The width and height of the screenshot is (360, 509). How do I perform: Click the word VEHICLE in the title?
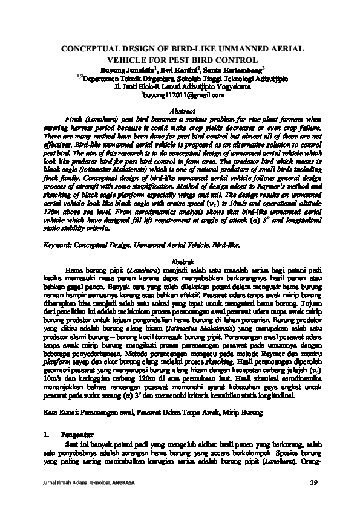126,59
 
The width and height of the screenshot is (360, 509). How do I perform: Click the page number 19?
313,482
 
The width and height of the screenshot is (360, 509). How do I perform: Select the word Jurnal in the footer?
46,482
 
